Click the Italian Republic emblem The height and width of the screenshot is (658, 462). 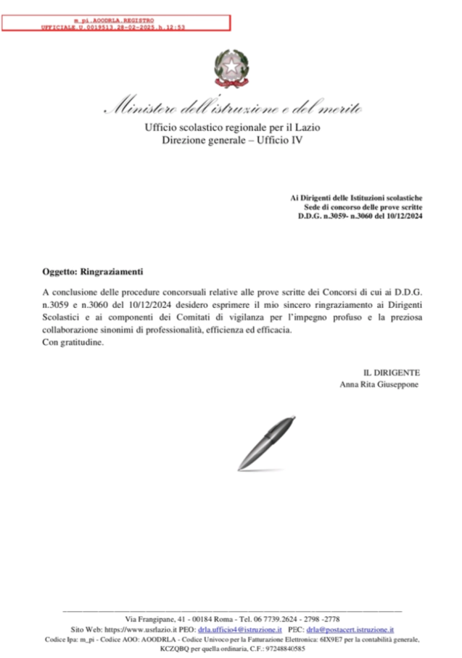[231, 69]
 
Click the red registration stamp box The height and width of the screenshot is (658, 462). [116, 23]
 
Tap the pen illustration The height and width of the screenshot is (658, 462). [267, 443]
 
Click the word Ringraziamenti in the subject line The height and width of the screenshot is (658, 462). [111, 271]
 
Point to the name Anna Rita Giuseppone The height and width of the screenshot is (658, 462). [379, 384]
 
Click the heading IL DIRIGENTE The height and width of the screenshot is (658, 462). [391, 373]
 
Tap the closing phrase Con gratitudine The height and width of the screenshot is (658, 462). [73, 342]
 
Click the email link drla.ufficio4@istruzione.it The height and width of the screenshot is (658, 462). [240, 629]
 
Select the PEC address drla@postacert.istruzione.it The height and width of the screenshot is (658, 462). [350, 629]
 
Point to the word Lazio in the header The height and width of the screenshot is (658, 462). [307, 127]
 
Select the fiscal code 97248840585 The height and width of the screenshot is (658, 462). [285, 649]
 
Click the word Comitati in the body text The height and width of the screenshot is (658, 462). [193, 317]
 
